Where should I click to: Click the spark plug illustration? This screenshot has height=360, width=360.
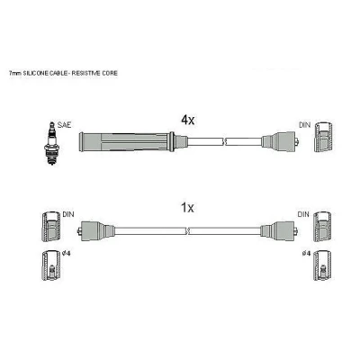(52, 143)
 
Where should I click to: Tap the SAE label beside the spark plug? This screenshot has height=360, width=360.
(64, 125)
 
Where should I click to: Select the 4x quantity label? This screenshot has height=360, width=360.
(188, 121)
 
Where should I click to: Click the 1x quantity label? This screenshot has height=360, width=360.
(188, 208)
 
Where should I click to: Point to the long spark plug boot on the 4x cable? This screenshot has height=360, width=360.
(127, 141)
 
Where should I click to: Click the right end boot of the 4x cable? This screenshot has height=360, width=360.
(280, 141)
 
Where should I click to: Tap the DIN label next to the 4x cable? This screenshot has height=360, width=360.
(305, 125)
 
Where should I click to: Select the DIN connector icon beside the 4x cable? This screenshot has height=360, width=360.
(323, 137)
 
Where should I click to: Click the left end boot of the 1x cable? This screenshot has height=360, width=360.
(96, 230)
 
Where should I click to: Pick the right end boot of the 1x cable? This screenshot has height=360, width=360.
(279, 230)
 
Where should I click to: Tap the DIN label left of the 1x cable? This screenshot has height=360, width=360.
(68, 214)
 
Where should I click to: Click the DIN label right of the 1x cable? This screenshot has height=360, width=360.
(303, 214)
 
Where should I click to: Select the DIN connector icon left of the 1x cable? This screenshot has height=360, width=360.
(50, 227)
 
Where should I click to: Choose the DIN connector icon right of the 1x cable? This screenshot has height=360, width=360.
(322, 227)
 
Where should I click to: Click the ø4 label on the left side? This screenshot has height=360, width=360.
(67, 254)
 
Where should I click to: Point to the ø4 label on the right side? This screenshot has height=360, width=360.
(306, 254)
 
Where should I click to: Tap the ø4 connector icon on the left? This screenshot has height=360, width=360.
(51, 265)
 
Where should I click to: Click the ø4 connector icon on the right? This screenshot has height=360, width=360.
(322, 265)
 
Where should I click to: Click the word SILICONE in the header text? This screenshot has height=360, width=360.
(31, 73)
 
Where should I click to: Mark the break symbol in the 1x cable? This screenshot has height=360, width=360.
(188, 230)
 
